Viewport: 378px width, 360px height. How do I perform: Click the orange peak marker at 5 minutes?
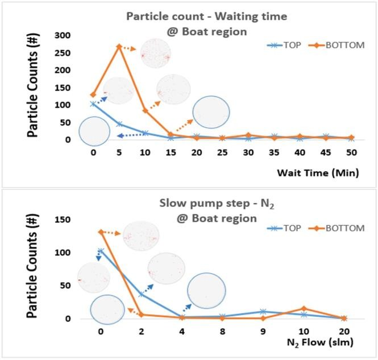(x=119, y=46)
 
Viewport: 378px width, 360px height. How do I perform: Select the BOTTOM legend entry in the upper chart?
(x=337, y=45)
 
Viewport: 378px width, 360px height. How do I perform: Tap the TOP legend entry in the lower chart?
(x=284, y=228)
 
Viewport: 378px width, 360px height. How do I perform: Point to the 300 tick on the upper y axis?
(x=63, y=35)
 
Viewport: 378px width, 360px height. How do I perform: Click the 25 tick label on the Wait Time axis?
(x=222, y=152)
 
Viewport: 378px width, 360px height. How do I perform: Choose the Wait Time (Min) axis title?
(x=318, y=173)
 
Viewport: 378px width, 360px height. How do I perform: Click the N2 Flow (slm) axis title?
(x=320, y=342)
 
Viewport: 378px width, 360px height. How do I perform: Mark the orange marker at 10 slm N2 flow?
(x=304, y=308)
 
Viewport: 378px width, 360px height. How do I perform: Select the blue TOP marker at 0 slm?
(x=101, y=251)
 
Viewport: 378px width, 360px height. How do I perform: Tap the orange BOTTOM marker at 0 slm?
(x=101, y=232)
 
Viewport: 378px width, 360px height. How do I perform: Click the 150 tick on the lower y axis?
(x=63, y=220)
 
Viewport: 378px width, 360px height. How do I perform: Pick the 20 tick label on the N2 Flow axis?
(x=344, y=332)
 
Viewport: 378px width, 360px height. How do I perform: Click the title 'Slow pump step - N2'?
(x=217, y=204)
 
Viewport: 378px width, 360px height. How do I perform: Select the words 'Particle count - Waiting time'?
(x=207, y=16)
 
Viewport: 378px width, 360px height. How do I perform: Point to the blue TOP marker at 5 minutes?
(x=119, y=124)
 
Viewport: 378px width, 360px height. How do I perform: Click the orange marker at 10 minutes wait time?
(x=145, y=110)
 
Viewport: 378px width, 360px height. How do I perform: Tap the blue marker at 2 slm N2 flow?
(x=142, y=294)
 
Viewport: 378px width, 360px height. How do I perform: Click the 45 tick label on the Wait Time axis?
(x=326, y=152)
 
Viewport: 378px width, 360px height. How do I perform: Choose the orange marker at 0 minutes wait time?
(x=93, y=95)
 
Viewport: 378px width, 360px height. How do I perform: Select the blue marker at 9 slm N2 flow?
(x=263, y=312)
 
